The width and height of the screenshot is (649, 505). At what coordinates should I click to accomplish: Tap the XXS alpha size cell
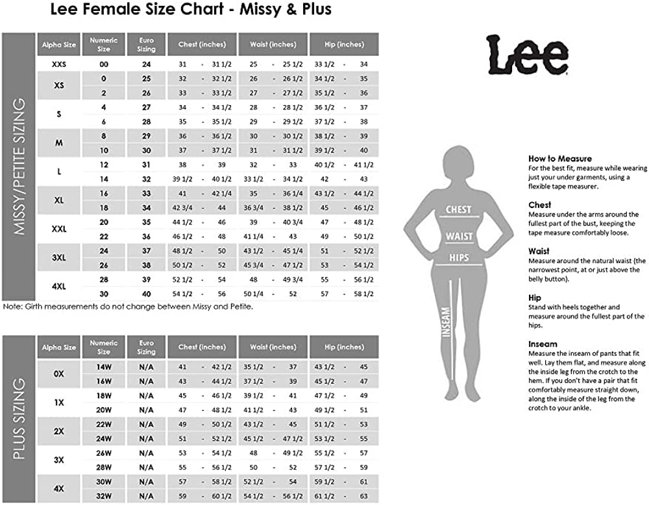point(59,64)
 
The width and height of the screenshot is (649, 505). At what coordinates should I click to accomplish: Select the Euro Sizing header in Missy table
point(146,45)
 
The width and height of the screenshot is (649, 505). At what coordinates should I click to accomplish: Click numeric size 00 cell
point(103,64)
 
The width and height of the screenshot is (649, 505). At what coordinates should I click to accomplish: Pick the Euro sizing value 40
point(146,294)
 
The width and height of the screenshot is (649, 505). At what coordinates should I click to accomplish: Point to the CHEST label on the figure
point(458,209)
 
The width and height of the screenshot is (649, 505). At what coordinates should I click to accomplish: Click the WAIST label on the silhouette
point(458,236)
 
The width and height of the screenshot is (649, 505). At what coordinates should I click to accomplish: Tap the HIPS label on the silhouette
point(459,257)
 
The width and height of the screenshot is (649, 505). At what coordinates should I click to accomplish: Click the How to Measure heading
point(559,158)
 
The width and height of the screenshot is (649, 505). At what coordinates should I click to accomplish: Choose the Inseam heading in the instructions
point(543,344)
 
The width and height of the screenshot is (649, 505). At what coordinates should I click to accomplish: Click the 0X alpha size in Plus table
point(59,374)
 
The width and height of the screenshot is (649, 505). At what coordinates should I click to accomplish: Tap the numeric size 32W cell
point(103,495)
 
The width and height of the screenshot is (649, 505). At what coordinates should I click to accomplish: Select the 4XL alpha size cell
point(59,287)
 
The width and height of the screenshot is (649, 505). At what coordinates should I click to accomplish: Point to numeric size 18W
point(103,395)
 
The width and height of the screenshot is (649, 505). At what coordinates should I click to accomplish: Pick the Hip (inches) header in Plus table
point(344,347)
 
